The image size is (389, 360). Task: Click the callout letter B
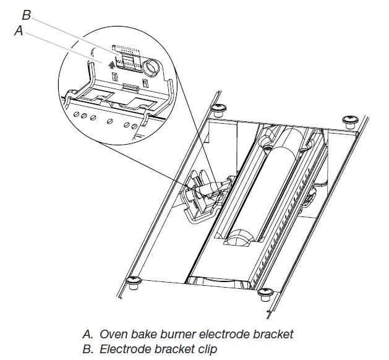point(27,14)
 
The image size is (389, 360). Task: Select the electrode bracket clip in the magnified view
point(128,59)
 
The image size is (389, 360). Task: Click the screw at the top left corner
point(218,110)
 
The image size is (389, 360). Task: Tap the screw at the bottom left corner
point(132,283)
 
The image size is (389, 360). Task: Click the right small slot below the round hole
point(145,82)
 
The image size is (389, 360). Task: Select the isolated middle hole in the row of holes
point(110,119)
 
